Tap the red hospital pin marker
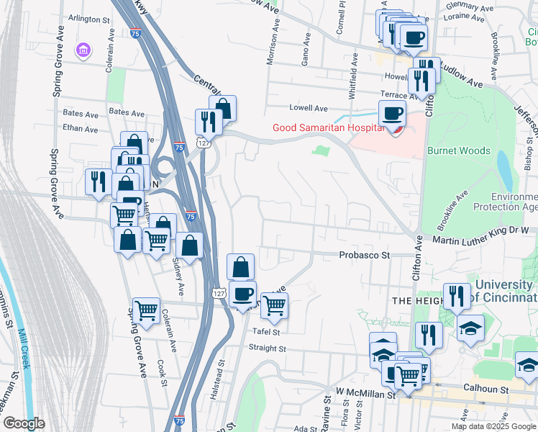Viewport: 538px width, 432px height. (394, 130)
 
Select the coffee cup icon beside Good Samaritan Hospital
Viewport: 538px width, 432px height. (393, 114)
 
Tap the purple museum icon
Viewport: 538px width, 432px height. (83, 50)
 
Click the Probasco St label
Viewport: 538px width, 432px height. (364, 255)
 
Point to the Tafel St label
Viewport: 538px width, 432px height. (265, 331)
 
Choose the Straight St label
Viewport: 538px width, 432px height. (268, 348)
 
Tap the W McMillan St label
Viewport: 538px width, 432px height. (365, 394)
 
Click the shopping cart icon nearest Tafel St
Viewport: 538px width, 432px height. (274, 306)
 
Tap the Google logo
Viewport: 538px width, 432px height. (24, 423)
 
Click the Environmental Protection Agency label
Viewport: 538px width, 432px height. (514, 201)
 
